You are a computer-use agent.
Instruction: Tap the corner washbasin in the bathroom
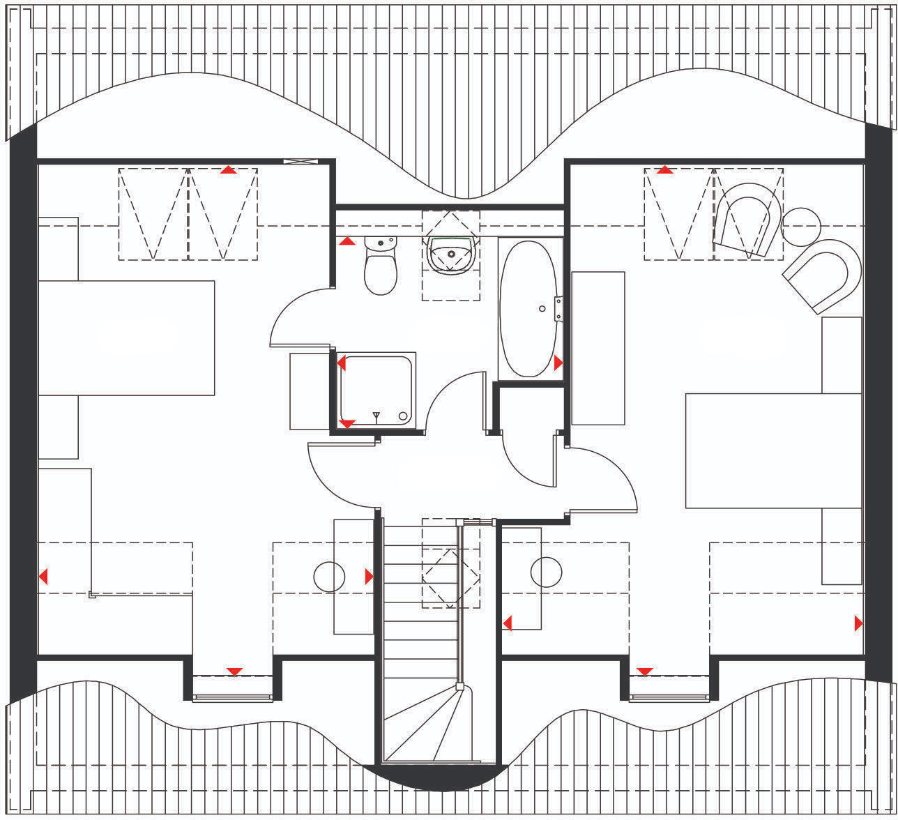click(451, 254)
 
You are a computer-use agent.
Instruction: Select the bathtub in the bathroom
click(528, 308)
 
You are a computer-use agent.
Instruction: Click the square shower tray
click(376, 390)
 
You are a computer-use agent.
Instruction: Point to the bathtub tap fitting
click(558, 308)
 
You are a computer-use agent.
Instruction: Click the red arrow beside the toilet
click(347, 241)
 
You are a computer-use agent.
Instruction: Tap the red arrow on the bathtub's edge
click(558, 363)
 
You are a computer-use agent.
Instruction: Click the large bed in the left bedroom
click(125, 338)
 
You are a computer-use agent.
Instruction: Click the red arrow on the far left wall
click(43, 577)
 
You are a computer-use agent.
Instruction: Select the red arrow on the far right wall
click(858, 623)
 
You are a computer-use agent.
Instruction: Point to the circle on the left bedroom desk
click(329, 577)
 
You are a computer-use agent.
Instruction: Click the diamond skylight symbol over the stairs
click(451, 576)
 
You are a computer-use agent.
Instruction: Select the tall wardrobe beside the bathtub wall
click(598, 348)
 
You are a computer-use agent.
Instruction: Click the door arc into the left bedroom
click(342, 481)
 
